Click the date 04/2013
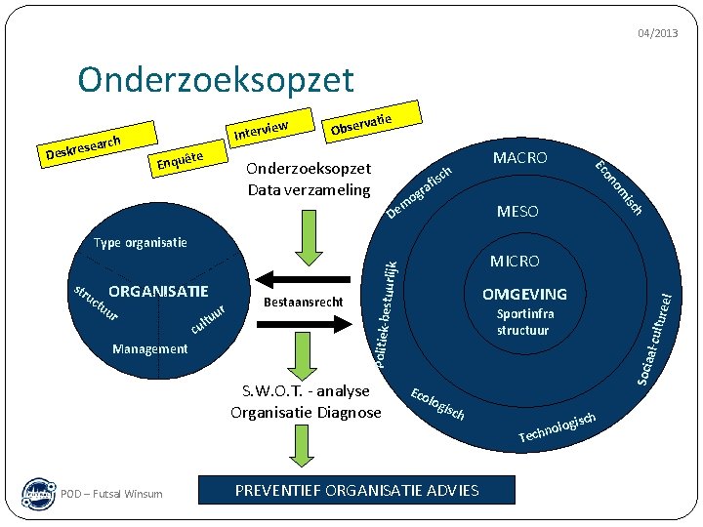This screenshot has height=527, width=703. (x=657, y=33)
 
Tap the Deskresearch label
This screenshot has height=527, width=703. (x=83, y=147)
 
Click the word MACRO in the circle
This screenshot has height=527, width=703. (x=519, y=158)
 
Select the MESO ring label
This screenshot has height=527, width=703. (x=517, y=211)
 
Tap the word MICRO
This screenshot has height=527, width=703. (x=515, y=262)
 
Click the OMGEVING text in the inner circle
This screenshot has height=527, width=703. (x=523, y=295)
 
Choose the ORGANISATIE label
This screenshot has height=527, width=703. (x=158, y=291)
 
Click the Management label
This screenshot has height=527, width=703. (x=150, y=348)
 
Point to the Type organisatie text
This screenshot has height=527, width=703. (x=140, y=243)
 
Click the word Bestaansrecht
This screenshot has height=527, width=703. (x=304, y=303)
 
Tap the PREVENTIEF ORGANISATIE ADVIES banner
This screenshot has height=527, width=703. (x=356, y=490)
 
